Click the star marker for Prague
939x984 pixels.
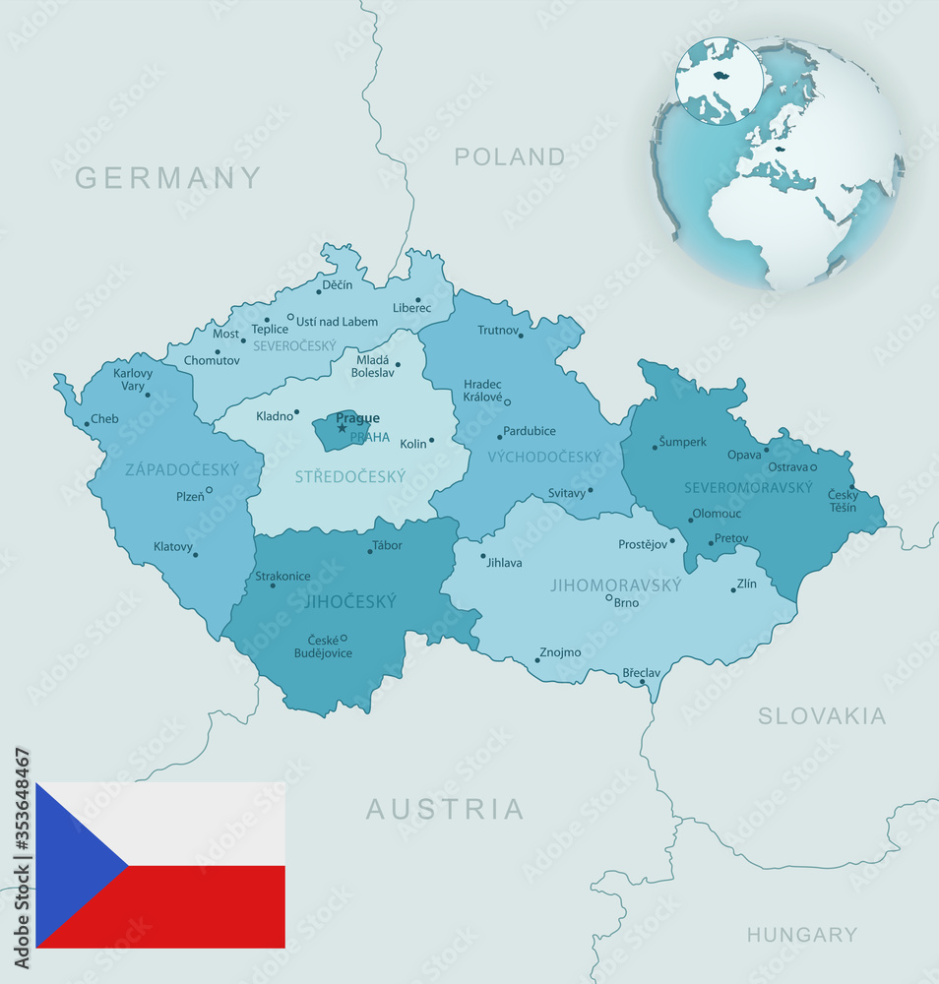(342, 428)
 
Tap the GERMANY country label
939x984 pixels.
(168, 177)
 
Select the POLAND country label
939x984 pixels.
(510, 156)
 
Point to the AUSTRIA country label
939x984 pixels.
(445, 809)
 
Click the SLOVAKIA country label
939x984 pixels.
(822, 716)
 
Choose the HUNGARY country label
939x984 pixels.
(801, 935)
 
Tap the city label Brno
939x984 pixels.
(627, 603)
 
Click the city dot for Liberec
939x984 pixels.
(417, 300)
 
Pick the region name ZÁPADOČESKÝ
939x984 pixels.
(182, 469)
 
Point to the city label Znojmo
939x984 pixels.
(561, 652)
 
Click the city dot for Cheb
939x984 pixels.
(87, 424)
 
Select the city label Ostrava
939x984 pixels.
(788, 466)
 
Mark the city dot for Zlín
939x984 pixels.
(733, 589)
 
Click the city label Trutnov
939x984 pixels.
(498, 331)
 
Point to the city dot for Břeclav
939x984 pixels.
(643, 681)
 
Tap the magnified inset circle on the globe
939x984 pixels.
(719, 80)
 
